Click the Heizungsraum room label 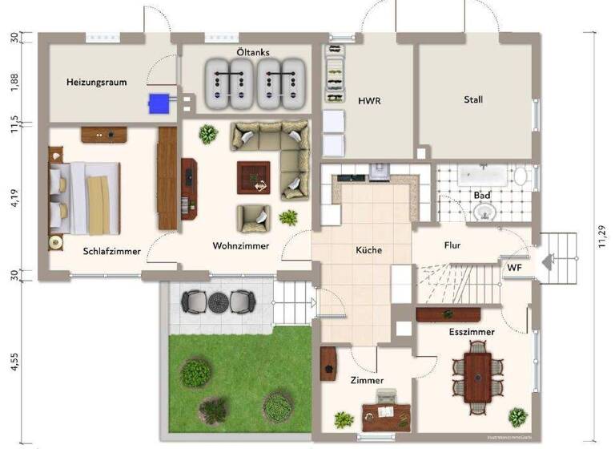point(96,82)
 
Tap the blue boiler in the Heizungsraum point(158,102)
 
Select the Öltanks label point(252,52)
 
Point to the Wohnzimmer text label point(240,246)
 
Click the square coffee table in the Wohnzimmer point(253,177)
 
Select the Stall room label point(473,100)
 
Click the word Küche point(369,250)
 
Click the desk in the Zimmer point(386,414)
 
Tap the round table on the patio point(219,301)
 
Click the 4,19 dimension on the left point(14,197)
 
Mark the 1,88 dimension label point(14,83)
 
